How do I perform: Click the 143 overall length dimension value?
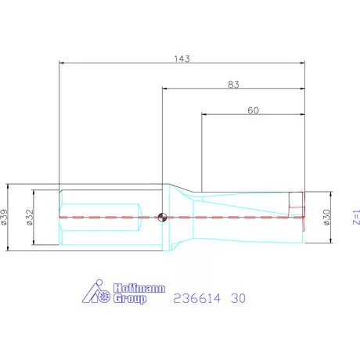tap(182, 59)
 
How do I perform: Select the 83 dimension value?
tap(233, 85)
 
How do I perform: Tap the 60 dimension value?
tap(253, 110)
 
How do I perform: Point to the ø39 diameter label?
tap(5, 217)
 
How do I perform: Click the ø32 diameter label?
tap(30, 217)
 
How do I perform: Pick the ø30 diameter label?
tap(326, 217)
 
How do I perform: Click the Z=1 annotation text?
tap(356, 217)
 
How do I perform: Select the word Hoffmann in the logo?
tap(139, 289)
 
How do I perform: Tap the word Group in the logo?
tap(130, 299)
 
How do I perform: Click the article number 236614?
tap(197, 298)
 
